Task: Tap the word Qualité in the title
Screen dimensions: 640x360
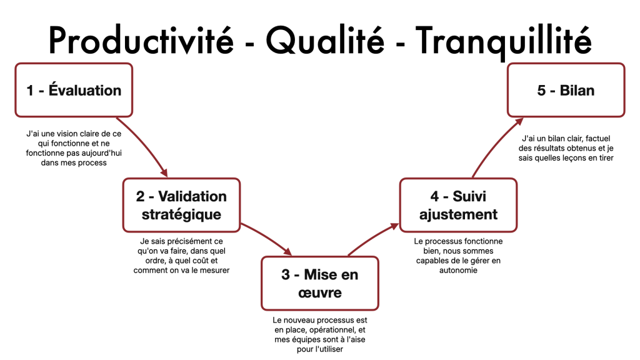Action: [x=325, y=41]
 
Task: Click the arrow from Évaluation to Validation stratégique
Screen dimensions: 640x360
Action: [x=146, y=144]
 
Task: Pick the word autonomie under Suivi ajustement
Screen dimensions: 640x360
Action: [x=458, y=270]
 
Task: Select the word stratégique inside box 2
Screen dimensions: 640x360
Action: [x=181, y=215]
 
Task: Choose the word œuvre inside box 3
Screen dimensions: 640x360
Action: [x=320, y=293]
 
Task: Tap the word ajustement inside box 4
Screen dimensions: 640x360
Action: [x=458, y=215]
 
